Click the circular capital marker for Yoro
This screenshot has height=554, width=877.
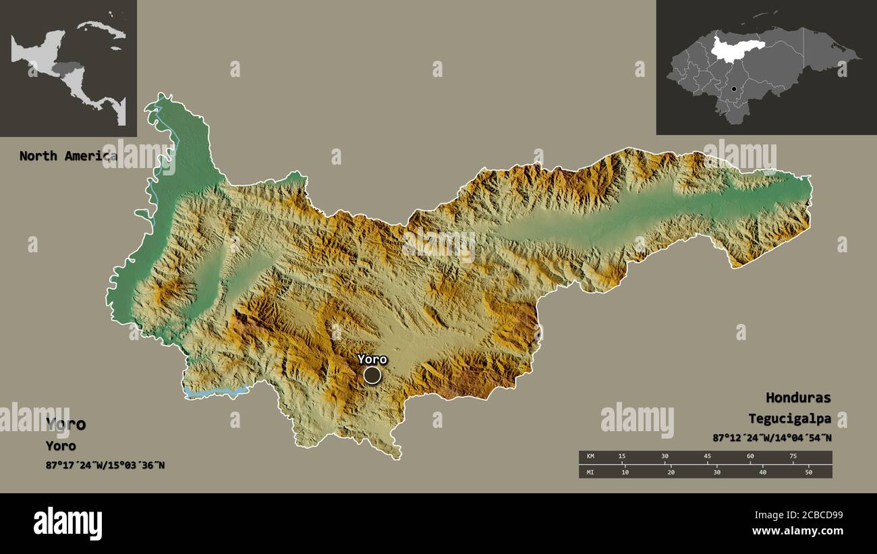click(x=372, y=375)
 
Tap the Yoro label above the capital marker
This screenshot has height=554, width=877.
click(x=372, y=359)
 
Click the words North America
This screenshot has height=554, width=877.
click(x=67, y=156)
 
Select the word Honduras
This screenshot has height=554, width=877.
click(x=798, y=397)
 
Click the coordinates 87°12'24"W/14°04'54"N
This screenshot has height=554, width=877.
click(x=772, y=438)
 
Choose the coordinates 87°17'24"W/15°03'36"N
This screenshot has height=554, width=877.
click(x=105, y=464)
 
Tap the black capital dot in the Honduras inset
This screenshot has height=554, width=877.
click(x=733, y=88)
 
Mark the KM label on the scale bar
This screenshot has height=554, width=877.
click(x=590, y=457)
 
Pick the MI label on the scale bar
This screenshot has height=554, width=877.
click(x=590, y=472)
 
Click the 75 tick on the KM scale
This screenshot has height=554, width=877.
click(x=793, y=457)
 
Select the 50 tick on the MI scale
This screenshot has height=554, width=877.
click(x=808, y=472)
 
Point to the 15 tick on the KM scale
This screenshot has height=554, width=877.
click(x=622, y=457)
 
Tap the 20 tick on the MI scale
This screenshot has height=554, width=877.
click(x=671, y=472)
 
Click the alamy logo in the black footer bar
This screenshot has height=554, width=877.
click(x=67, y=524)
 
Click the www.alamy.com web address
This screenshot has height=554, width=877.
click(x=797, y=532)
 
